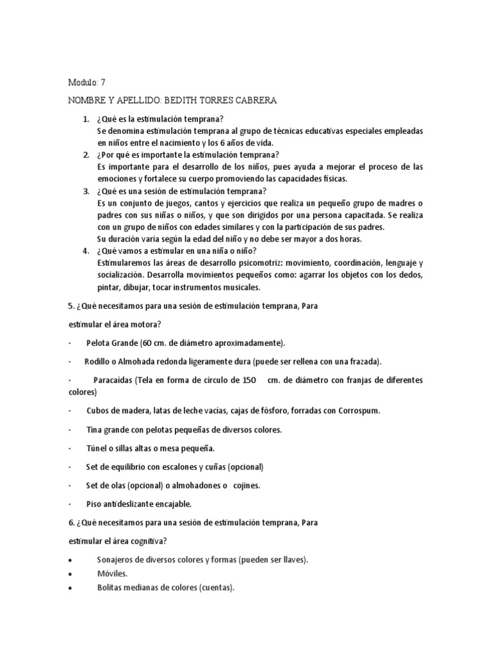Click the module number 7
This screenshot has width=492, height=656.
click(x=102, y=83)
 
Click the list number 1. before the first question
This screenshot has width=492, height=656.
click(x=86, y=120)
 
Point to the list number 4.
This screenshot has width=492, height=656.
click(x=86, y=250)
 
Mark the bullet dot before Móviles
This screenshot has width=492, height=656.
click(x=70, y=574)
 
